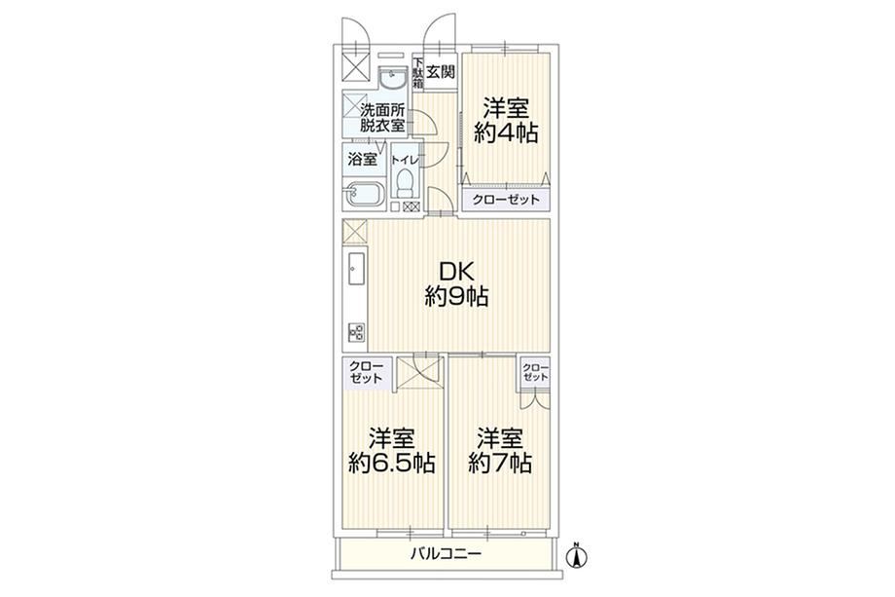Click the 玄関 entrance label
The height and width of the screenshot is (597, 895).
(442, 72)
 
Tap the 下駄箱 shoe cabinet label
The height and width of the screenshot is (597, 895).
(417, 72)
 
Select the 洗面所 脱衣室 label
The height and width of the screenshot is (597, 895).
(382, 118)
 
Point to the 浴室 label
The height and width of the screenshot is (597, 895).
(363, 160)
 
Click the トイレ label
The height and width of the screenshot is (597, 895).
(406, 161)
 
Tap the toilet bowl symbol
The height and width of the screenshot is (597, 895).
(406, 184)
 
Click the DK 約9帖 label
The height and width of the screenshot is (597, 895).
(456, 284)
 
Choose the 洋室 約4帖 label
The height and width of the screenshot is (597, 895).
(506, 120)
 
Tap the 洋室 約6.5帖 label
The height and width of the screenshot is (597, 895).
(391, 450)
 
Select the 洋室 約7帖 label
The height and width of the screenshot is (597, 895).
(500, 450)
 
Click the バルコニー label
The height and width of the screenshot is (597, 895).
(447, 553)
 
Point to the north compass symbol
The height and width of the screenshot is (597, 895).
(577, 555)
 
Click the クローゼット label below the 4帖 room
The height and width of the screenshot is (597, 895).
(505, 200)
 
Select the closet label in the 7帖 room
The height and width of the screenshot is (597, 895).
(535, 372)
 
